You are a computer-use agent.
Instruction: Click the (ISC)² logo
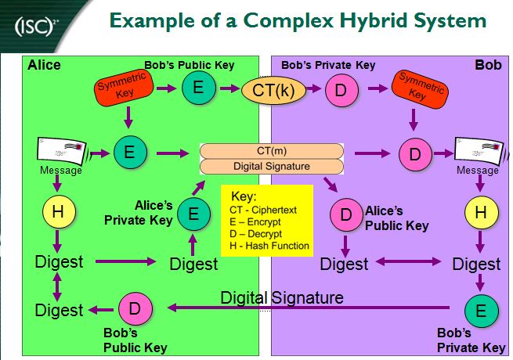[x=34, y=30]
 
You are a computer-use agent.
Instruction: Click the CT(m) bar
[x=271, y=150]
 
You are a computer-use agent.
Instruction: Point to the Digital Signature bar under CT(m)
[x=271, y=166]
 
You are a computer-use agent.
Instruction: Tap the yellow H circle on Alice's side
[x=58, y=212]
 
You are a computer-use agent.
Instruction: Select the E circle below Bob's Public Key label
[x=199, y=88]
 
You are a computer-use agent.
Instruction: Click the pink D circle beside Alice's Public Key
[x=345, y=216]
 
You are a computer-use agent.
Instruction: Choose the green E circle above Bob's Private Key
[x=480, y=310]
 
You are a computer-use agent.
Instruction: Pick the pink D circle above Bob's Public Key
[x=134, y=309]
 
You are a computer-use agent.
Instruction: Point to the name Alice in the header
[x=44, y=65]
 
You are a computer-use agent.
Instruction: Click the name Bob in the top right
[x=488, y=65]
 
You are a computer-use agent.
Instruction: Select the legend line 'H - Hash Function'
[x=269, y=246]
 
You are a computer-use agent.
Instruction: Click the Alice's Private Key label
[x=137, y=213]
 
